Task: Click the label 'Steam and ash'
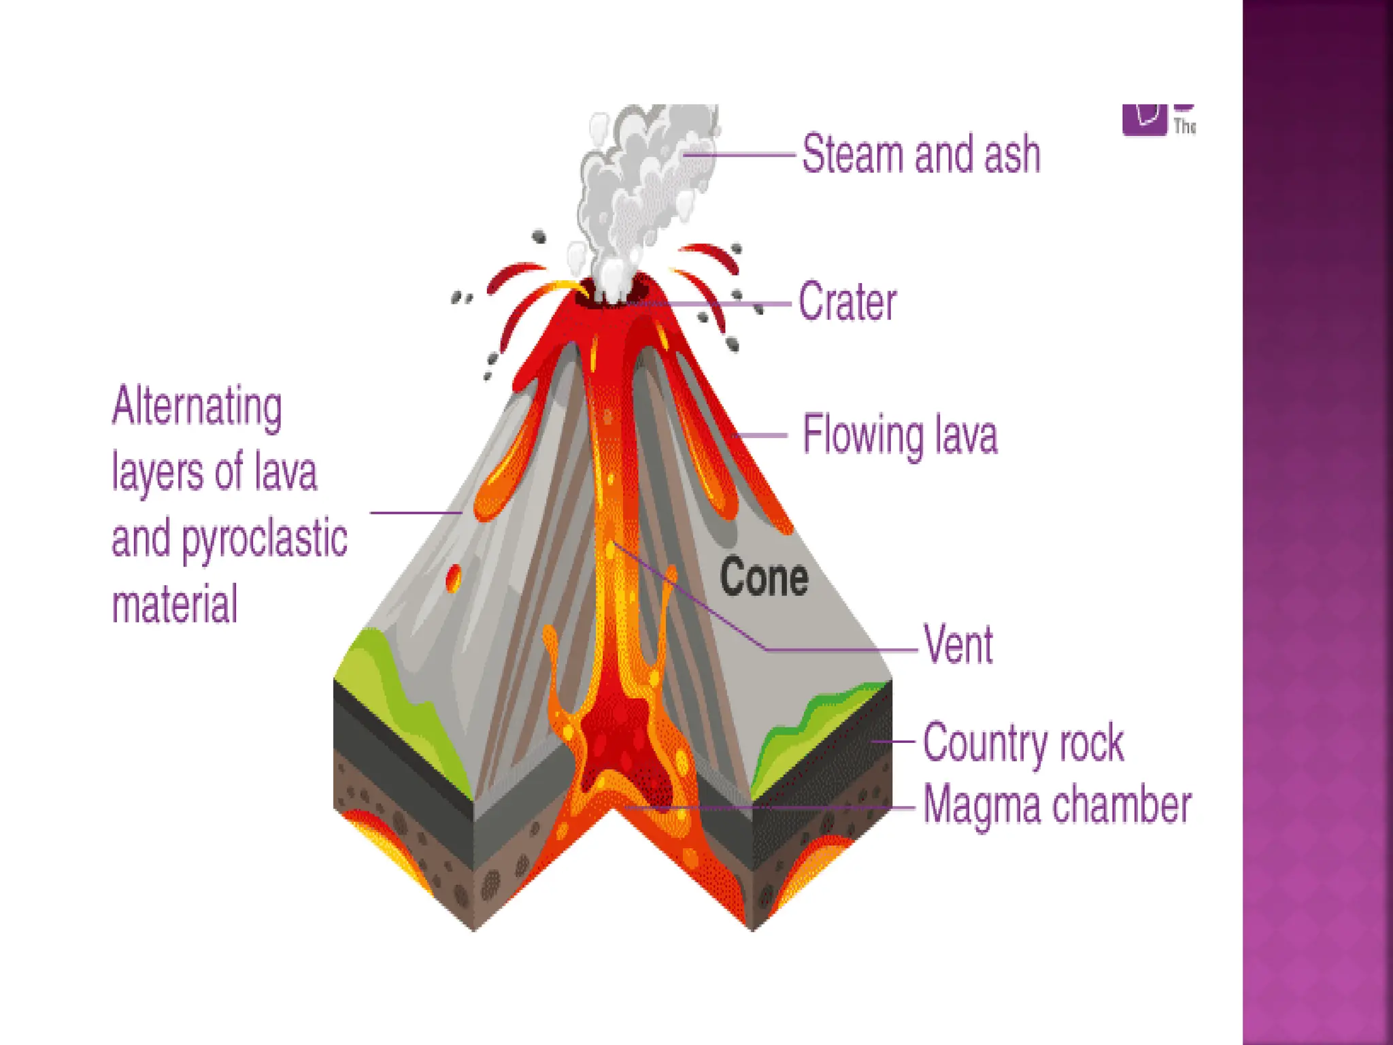[920, 154]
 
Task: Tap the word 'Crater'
[847, 302]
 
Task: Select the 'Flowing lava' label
[899, 435]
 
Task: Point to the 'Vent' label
[958, 644]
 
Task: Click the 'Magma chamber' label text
[1056, 806]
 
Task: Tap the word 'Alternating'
[197, 406]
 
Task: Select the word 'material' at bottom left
[174, 603]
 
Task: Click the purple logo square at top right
[1144, 119]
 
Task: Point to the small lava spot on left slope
[453, 578]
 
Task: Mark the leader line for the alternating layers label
[415, 512]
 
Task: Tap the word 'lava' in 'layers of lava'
[286, 472]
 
